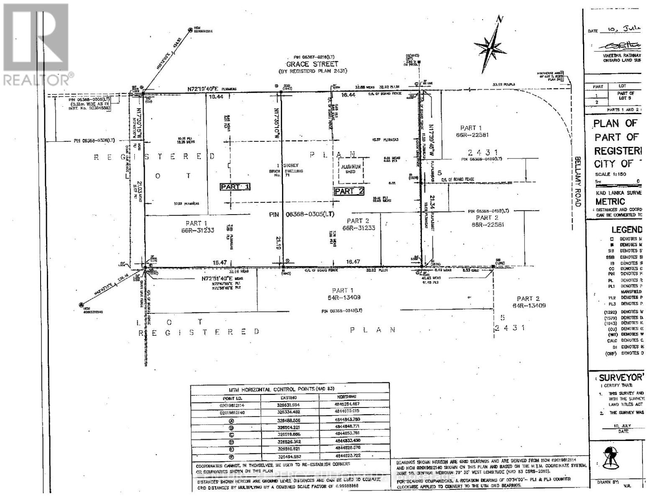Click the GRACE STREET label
tap(312, 64)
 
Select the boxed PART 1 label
tap(235, 187)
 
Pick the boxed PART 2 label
tap(349, 192)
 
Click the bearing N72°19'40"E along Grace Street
tap(208, 89)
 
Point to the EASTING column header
tap(288, 397)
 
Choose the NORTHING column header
tap(347, 397)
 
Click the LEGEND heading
tap(626, 229)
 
